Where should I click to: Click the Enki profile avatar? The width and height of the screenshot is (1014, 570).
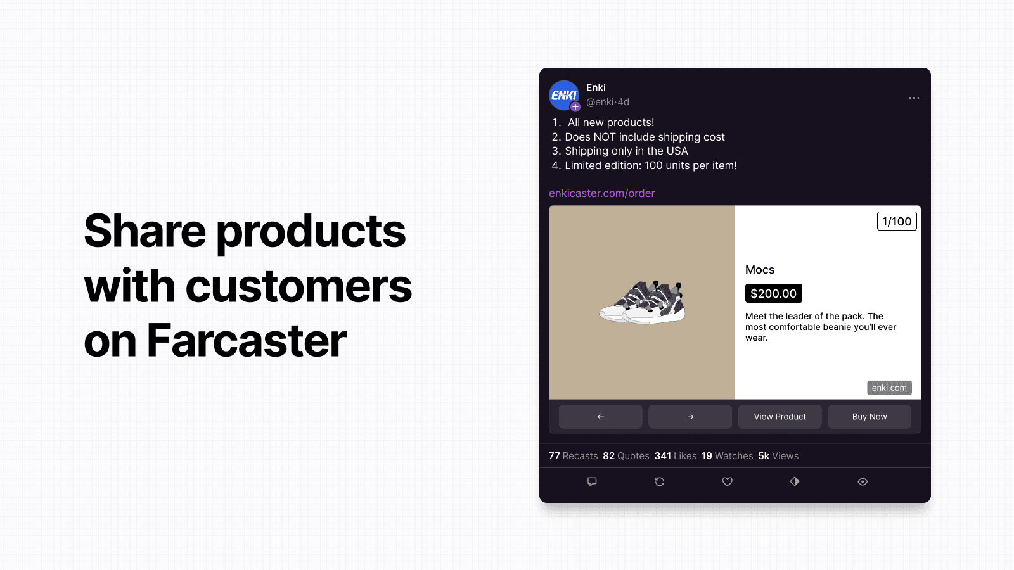[x=563, y=95]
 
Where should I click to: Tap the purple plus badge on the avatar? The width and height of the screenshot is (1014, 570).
[x=575, y=107]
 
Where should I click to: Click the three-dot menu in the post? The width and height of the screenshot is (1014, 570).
[x=913, y=98]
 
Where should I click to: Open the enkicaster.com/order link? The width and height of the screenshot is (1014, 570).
[x=601, y=193]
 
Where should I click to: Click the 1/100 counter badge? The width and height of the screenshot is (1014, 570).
[x=897, y=221]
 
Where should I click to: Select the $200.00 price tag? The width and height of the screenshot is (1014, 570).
[x=774, y=293]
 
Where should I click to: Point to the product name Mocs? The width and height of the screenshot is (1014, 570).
[x=760, y=270]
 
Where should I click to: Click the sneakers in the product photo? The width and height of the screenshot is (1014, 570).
[x=643, y=302]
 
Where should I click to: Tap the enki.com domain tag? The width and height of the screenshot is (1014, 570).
[x=889, y=388]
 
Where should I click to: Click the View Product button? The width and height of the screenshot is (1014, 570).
[x=780, y=417]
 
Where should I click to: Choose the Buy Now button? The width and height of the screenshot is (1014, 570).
[x=869, y=417]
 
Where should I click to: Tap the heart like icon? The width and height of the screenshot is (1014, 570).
[x=727, y=482]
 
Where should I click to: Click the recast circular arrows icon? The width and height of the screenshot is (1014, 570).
[x=660, y=482]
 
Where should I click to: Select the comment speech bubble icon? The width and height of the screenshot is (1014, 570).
[x=592, y=482]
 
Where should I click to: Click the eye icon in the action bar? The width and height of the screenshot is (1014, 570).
[x=863, y=482]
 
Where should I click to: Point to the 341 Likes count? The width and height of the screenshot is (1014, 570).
[x=676, y=456]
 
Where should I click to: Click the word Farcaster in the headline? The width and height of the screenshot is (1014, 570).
[x=247, y=340]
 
